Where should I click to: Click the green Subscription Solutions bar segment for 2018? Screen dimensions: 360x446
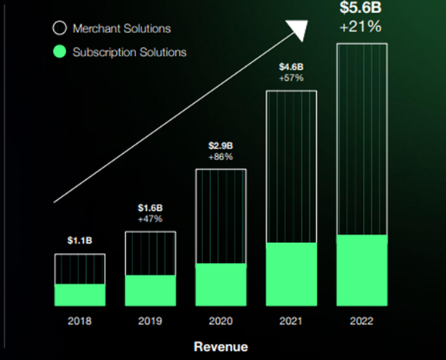coord(79,295)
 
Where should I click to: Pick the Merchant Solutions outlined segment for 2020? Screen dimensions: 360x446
coord(221,216)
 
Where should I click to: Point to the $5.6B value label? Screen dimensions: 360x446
coord(361,8)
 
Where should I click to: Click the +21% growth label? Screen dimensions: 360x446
coord(361,28)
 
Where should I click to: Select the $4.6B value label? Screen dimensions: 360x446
coord(291,66)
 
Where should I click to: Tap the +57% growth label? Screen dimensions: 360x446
coord(291,78)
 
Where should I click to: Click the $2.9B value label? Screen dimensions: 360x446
coord(221,145)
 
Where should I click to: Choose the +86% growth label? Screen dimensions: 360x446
coord(221,157)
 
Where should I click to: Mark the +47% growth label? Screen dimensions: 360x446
coord(151,219)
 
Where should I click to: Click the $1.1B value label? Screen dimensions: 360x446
coord(79,241)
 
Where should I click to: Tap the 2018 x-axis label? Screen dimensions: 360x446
coord(79,320)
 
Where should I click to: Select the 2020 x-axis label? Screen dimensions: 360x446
coord(221,320)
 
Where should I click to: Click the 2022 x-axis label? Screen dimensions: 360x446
coord(361,320)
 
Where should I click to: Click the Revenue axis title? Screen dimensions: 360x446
coord(221,346)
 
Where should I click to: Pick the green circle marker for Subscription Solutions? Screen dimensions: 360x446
coord(59,52)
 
